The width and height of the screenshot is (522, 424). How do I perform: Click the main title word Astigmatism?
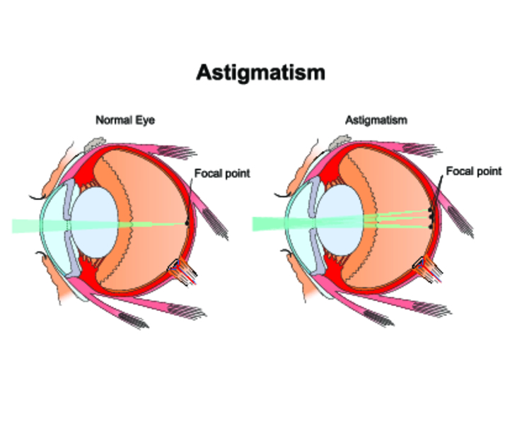(x=261, y=72)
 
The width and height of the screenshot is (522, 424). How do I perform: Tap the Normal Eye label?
(x=125, y=121)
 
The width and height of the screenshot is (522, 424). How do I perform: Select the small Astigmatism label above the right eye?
(x=376, y=121)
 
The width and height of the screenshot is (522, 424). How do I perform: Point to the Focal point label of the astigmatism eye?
(x=474, y=171)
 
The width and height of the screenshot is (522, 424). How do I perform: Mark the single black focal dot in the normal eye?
(x=187, y=223)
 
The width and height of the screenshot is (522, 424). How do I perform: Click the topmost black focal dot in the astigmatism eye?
(x=430, y=210)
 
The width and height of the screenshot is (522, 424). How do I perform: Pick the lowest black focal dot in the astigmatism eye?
(x=431, y=227)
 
